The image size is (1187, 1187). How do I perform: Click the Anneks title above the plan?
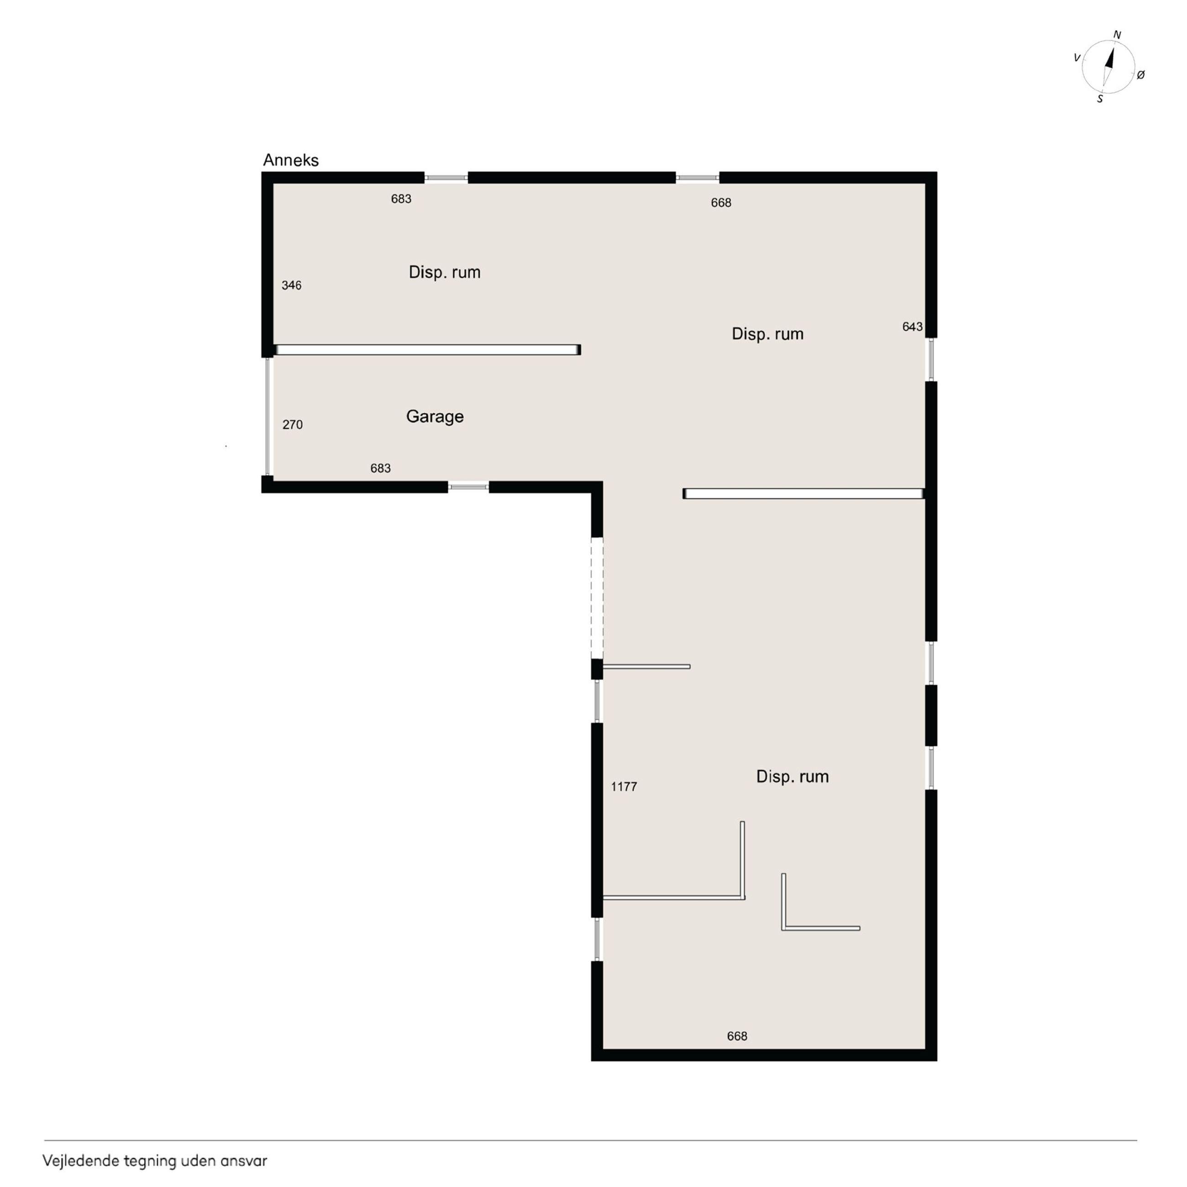click(x=291, y=160)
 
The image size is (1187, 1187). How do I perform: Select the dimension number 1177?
click(x=624, y=787)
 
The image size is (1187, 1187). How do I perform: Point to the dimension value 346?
click(x=291, y=285)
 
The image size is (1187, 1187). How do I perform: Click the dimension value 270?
click(x=293, y=425)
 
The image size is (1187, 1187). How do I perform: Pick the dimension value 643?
click(x=912, y=327)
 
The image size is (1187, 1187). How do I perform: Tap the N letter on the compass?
click(x=1117, y=36)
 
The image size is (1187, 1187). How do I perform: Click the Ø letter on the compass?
click(x=1141, y=75)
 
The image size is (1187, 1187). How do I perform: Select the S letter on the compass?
click(x=1100, y=98)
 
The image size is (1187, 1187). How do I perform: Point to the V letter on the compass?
click(x=1077, y=58)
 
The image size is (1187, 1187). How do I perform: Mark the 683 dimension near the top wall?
click(x=401, y=199)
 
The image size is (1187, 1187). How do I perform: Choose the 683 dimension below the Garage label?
click(x=380, y=468)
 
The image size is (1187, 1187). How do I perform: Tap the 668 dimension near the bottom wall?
click(x=737, y=1036)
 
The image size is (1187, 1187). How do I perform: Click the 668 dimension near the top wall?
click(x=721, y=203)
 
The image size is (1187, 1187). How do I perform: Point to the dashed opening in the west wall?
click(x=597, y=599)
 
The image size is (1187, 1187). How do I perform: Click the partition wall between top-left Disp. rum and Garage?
click(x=427, y=350)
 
